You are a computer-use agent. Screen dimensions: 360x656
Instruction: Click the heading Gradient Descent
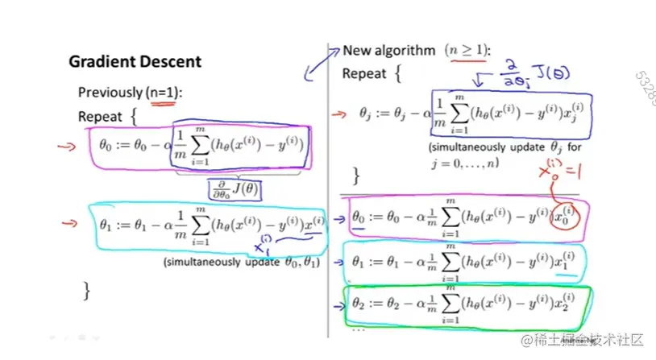tap(135, 62)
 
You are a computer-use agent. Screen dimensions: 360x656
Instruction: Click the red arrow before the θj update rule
tap(341, 115)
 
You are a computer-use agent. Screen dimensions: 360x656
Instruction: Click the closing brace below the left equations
tap(86, 289)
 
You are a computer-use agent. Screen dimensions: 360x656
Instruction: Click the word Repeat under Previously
tap(100, 117)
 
